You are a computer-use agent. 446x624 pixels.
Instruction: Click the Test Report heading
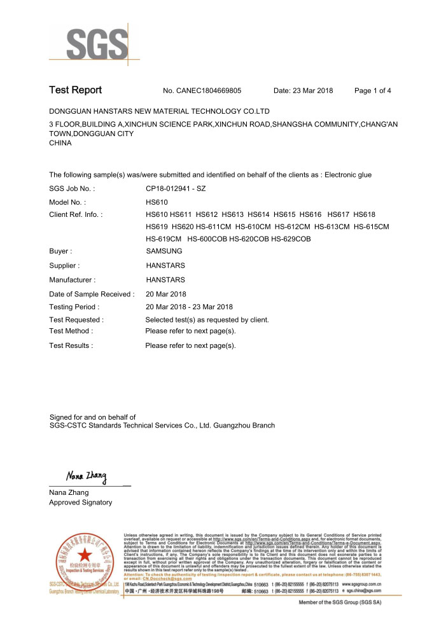(x=75, y=90)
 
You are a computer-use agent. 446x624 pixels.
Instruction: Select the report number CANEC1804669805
(x=210, y=91)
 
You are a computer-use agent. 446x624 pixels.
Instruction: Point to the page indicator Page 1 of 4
(x=372, y=91)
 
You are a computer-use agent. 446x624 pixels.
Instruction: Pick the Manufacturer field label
(x=72, y=279)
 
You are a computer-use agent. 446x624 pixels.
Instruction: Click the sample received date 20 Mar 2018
(x=166, y=294)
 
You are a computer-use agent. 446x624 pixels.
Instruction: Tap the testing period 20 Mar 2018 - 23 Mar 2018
(x=190, y=307)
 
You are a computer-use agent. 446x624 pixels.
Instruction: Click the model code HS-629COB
(x=291, y=239)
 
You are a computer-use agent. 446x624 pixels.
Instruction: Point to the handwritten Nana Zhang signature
(x=87, y=476)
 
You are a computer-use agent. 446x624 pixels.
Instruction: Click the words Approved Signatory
(x=80, y=503)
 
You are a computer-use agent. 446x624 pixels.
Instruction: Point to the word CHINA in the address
(x=60, y=143)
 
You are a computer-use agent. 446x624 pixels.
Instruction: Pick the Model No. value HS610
(x=157, y=202)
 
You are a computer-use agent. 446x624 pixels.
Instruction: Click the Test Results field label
(x=71, y=345)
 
